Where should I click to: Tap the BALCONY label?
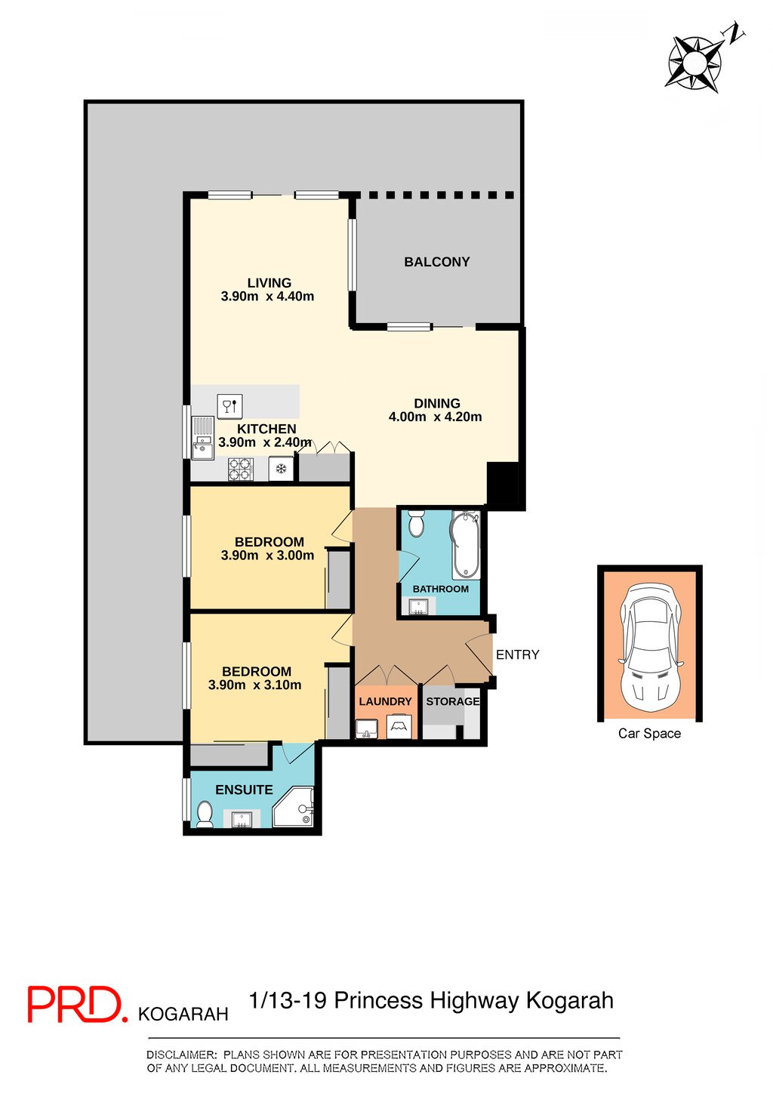(436, 262)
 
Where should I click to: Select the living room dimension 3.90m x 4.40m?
(267, 297)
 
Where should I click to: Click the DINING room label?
(436, 403)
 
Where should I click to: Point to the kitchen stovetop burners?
(241, 470)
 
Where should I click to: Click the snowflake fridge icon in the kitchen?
(281, 470)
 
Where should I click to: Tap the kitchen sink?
(202, 438)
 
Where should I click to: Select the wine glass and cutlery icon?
(229, 405)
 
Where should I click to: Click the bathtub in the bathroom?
(465, 543)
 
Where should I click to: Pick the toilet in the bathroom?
(416, 522)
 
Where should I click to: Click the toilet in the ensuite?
(204, 814)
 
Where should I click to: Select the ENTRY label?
(517, 654)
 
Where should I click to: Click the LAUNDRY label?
(385, 701)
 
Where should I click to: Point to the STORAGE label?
(452, 701)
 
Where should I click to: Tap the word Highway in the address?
(475, 1001)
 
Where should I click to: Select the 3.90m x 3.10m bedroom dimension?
(254, 685)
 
